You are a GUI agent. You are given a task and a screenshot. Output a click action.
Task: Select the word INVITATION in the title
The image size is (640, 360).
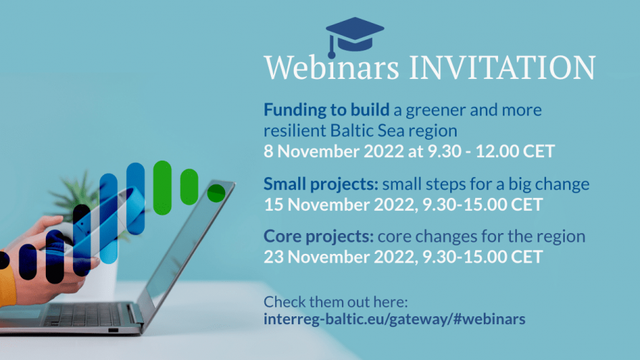(x=502, y=67)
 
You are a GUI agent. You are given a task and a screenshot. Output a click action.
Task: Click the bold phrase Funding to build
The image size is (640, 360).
(x=326, y=110)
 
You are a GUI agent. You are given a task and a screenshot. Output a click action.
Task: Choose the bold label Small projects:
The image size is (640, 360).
(x=320, y=184)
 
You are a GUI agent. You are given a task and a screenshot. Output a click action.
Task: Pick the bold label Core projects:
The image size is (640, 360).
(x=319, y=236)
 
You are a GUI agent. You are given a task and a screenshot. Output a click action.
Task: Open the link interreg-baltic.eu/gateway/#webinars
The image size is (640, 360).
(x=394, y=318)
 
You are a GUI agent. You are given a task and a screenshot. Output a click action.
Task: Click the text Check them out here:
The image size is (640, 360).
(x=335, y=300)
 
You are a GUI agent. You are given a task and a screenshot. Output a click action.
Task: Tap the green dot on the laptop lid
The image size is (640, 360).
(x=216, y=193)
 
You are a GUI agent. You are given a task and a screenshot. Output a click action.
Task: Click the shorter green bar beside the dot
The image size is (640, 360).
(x=189, y=186)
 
